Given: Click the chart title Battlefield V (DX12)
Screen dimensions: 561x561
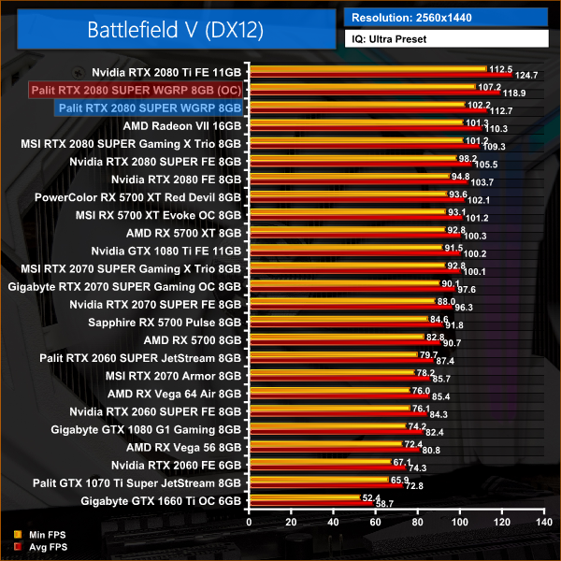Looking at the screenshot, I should (176, 30).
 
